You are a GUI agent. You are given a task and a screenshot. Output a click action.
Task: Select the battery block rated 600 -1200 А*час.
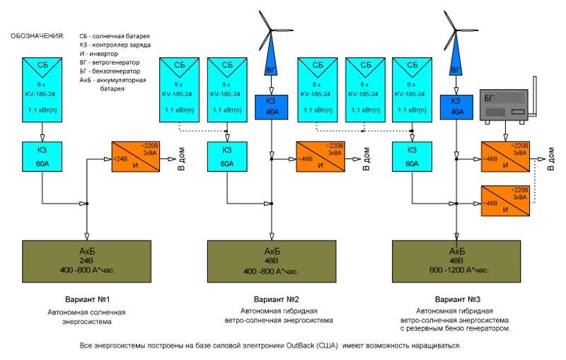tap(456, 260)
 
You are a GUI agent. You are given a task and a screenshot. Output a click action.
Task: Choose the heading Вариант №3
tap(456, 298)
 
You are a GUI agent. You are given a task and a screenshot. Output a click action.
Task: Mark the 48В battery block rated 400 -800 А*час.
tap(273, 260)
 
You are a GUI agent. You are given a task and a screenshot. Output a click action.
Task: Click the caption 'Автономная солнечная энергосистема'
tap(88, 315)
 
